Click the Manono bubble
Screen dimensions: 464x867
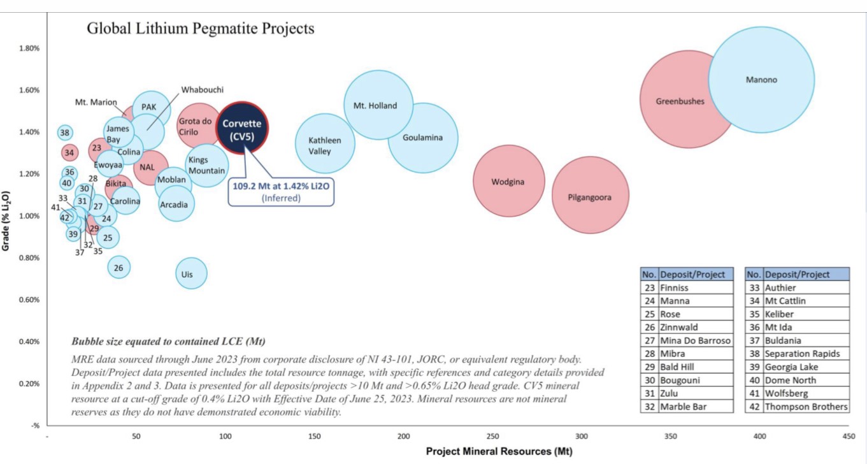(x=761, y=80)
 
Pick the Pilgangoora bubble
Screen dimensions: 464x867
(x=589, y=196)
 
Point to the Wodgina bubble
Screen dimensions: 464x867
(x=508, y=182)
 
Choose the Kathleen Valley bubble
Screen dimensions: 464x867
(x=325, y=145)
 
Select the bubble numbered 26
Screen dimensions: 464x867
(x=118, y=268)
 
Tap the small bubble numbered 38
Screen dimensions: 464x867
(x=64, y=133)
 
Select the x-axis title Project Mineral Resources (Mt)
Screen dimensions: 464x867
(x=499, y=451)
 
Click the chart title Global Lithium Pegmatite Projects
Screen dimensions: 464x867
(x=201, y=29)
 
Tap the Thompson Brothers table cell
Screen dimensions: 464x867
(x=806, y=407)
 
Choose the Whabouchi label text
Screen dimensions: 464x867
(x=203, y=90)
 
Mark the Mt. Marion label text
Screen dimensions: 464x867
(x=96, y=103)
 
